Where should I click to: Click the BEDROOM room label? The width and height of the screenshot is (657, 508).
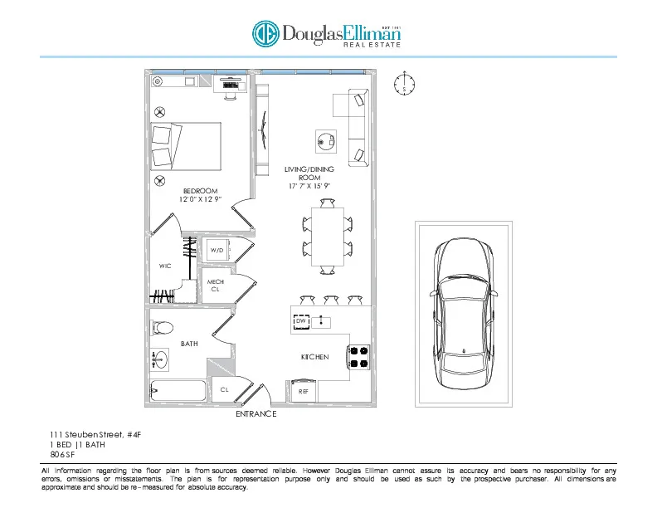pyautogui.click(x=200, y=191)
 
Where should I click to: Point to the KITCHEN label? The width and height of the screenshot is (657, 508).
pyautogui.click(x=314, y=357)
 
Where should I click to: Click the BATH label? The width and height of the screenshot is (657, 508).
pyautogui.click(x=189, y=343)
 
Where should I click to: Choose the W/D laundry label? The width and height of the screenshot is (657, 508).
pyautogui.click(x=217, y=250)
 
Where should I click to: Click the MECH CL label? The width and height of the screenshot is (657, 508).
pyautogui.click(x=215, y=286)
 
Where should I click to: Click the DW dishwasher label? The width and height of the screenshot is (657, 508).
pyautogui.click(x=301, y=320)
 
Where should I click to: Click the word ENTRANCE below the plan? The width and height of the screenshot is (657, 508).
pyautogui.click(x=256, y=413)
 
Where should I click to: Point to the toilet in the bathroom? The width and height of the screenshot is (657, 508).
pyautogui.click(x=162, y=327)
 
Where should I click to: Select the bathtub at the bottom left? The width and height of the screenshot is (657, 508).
pyautogui.click(x=177, y=390)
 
